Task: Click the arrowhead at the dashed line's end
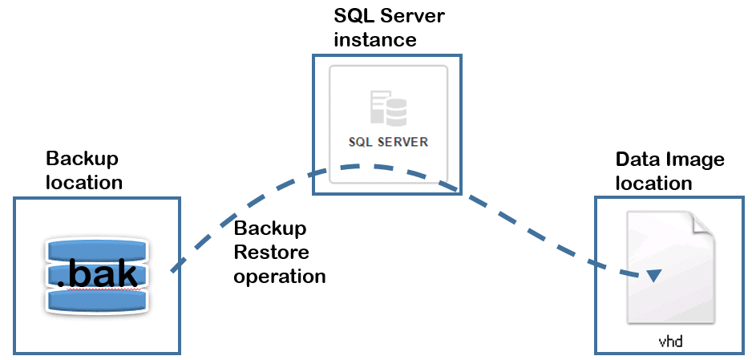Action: point(654,275)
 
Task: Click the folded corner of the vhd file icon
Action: point(704,224)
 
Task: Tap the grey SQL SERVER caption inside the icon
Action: point(388,143)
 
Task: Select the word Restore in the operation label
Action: point(272,252)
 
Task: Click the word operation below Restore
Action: point(280,277)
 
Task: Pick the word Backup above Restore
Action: point(270,229)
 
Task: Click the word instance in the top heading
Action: point(375,39)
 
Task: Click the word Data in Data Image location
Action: point(636,159)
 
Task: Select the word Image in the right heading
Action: point(693,160)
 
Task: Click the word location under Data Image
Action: point(654,183)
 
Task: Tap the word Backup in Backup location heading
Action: point(82,160)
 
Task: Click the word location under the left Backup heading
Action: point(84,183)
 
